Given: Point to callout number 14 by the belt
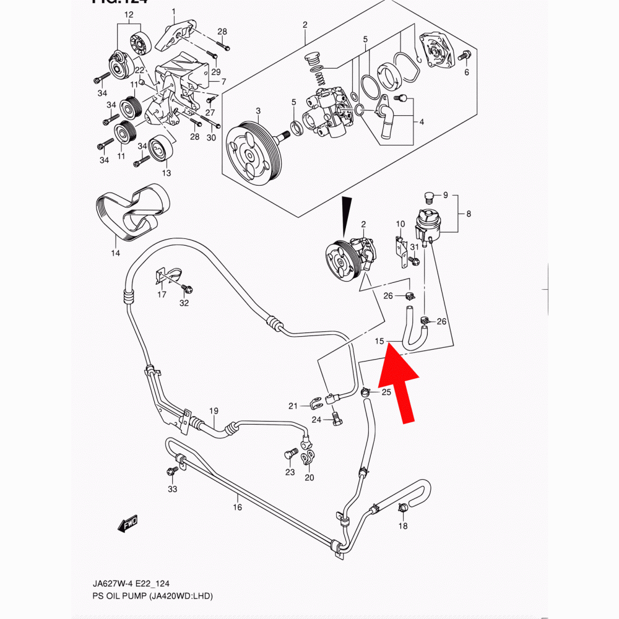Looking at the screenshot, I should (115, 253).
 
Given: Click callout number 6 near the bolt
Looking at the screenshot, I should (466, 72).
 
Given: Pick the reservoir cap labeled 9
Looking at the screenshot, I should (426, 197).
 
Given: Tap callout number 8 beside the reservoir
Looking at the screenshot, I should (469, 214).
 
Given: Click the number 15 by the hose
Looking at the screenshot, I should (379, 341).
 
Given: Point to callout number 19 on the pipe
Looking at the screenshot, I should (214, 411).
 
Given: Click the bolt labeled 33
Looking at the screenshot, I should (171, 474).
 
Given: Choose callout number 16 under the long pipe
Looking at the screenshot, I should (237, 508).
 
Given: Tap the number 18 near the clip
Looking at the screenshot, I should (403, 526).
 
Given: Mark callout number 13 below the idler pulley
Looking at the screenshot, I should (166, 173).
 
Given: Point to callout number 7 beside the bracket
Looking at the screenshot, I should (223, 82).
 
